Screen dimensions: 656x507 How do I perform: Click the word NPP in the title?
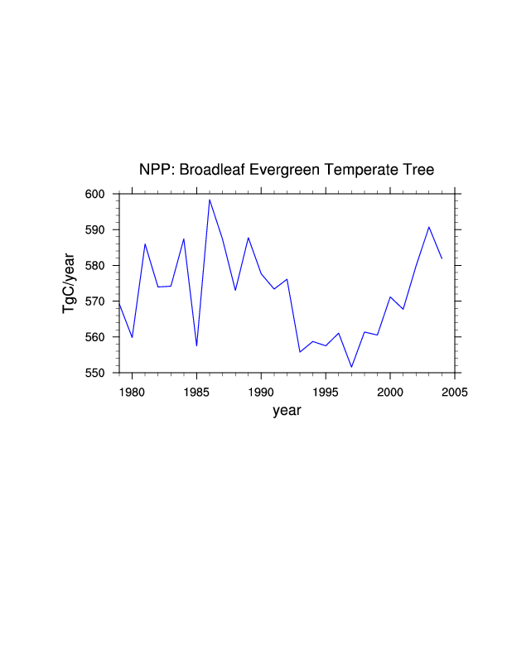click(154, 170)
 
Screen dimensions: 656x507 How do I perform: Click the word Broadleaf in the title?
click(211, 170)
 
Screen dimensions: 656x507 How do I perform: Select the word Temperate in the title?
click(364, 170)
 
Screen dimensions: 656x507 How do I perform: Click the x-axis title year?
click(287, 411)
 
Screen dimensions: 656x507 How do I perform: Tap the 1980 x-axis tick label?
click(132, 391)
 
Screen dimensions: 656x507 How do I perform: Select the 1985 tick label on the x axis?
click(196, 391)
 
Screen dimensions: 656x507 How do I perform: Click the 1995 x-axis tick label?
click(326, 391)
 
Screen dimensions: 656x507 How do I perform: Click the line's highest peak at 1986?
click(210, 200)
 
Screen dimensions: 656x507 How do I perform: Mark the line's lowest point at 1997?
click(351, 367)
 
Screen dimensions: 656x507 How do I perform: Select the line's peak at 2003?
click(429, 227)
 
